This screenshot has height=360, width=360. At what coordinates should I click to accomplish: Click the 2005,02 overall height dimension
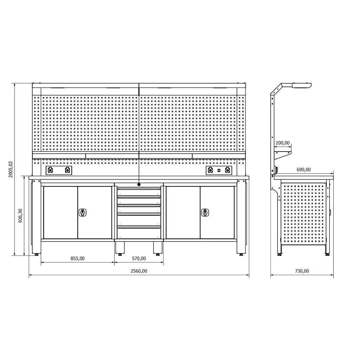click(11, 169)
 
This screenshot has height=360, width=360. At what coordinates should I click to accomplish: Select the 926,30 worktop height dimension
click(20, 216)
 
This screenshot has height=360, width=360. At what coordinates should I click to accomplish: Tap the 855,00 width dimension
click(78, 258)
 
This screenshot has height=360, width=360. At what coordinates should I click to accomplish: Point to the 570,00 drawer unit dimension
click(139, 258)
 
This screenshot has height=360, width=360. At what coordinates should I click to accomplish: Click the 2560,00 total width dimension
click(139, 271)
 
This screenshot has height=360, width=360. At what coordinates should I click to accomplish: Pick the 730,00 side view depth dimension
click(302, 271)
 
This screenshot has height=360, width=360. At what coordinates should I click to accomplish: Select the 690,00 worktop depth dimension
click(303, 170)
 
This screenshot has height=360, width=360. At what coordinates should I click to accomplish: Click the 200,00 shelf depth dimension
click(283, 143)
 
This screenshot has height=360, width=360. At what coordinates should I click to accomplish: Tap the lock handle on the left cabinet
click(82, 213)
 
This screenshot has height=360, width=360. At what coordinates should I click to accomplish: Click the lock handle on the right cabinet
click(205, 213)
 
